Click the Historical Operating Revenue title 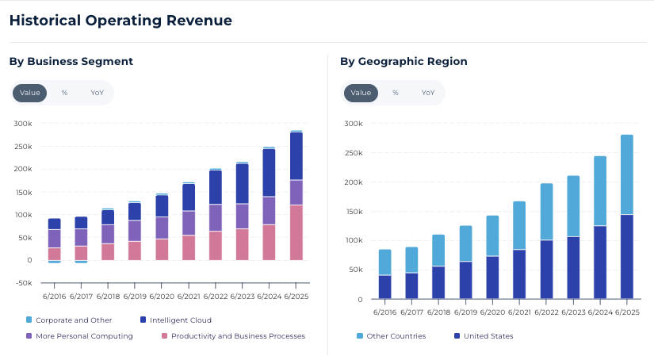point(120,21)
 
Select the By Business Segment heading point(71,61)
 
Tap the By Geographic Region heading point(403,61)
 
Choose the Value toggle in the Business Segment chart point(30,93)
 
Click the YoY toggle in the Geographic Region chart point(428,93)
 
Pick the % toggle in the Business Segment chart point(64,93)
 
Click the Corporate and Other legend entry point(68,320)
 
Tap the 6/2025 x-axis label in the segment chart point(296,297)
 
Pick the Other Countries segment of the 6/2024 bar point(600,190)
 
